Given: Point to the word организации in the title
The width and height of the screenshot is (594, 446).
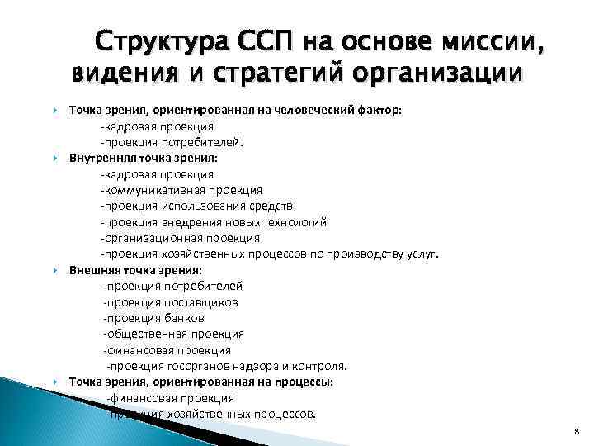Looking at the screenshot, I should [441, 74].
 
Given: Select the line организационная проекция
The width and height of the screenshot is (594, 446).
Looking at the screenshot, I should [167, 238].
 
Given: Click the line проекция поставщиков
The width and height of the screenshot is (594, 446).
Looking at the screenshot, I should [171, 302].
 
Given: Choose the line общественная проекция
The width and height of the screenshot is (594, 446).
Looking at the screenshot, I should [173, 334].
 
